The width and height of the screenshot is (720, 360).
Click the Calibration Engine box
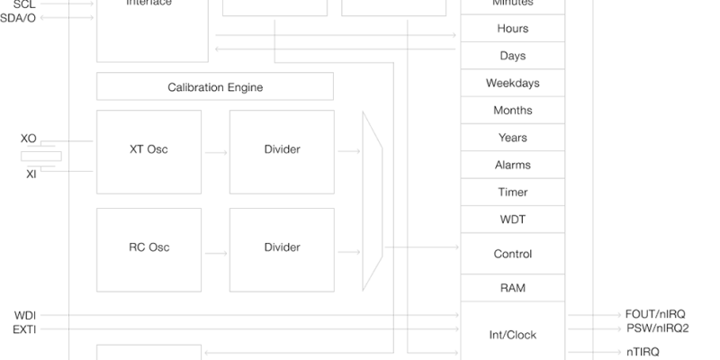[x=215, y=87]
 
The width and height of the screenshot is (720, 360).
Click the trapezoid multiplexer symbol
[x=373, y=201]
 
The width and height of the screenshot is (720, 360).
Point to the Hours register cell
[x=513, y=29]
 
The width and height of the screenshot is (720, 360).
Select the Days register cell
[x=513, y=56]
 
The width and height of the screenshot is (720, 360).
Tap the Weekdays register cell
[x=513, y=84]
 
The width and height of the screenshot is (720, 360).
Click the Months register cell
[x=513, y=111]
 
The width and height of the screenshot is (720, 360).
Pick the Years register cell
[x=513, y=138]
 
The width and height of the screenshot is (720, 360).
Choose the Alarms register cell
[x=513, y=165]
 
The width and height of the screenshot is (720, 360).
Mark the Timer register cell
[x=513, y=192]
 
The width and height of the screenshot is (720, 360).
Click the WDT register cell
[x=513, y=219]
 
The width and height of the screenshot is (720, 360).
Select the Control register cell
[x=513, y=254]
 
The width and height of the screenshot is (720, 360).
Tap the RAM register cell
[x=513, y=288]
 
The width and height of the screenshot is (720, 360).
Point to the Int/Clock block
[x=513, y=334]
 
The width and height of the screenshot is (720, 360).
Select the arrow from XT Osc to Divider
[x=216, y=152]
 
